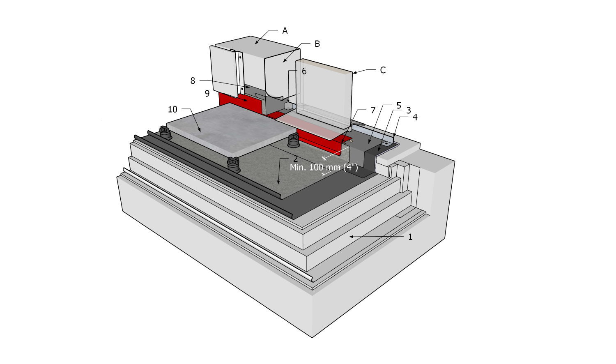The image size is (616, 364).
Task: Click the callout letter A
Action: point(285,31)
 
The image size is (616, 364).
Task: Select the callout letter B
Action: point(317,44)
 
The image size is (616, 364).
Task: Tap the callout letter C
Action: point(383,70)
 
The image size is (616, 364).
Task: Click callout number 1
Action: point(410,237)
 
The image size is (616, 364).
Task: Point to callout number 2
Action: point(295,159)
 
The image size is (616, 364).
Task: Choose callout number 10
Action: point(172,109)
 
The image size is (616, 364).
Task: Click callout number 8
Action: point(193,81)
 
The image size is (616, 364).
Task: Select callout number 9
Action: point(207,94)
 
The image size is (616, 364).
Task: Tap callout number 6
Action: point(304,71)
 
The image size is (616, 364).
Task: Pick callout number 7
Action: point(373,110)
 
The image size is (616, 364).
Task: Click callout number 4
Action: point(415,117)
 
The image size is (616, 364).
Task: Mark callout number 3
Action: point(408,110)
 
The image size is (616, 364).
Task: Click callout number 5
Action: point(398,106)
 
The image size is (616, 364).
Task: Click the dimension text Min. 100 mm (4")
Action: point(324,168)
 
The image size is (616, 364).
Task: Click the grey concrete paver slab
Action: point(230,127)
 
